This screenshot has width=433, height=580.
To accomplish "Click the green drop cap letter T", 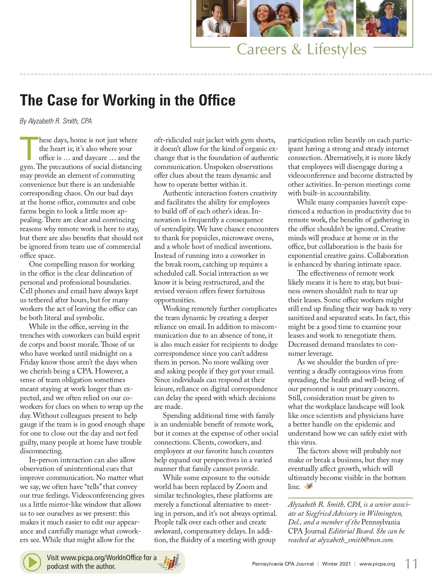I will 29,148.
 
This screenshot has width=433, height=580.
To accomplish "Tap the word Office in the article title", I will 217,100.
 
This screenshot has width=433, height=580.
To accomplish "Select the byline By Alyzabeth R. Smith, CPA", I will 56,121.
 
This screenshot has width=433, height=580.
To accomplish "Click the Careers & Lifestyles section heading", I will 301,49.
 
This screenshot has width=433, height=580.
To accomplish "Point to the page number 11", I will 411,564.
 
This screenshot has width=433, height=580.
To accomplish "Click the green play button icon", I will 32,562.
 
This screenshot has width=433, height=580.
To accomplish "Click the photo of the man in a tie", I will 221,18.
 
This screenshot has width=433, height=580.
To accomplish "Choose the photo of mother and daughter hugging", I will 275,18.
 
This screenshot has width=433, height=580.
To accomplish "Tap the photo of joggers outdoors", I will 381,18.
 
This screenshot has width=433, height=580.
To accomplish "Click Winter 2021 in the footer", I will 336,564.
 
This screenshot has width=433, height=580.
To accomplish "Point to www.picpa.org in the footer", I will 377,564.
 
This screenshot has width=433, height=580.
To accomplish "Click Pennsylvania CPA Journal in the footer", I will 283,564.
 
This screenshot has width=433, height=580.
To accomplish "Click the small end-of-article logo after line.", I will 309,486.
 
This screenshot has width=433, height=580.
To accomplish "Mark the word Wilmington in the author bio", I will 384,513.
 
